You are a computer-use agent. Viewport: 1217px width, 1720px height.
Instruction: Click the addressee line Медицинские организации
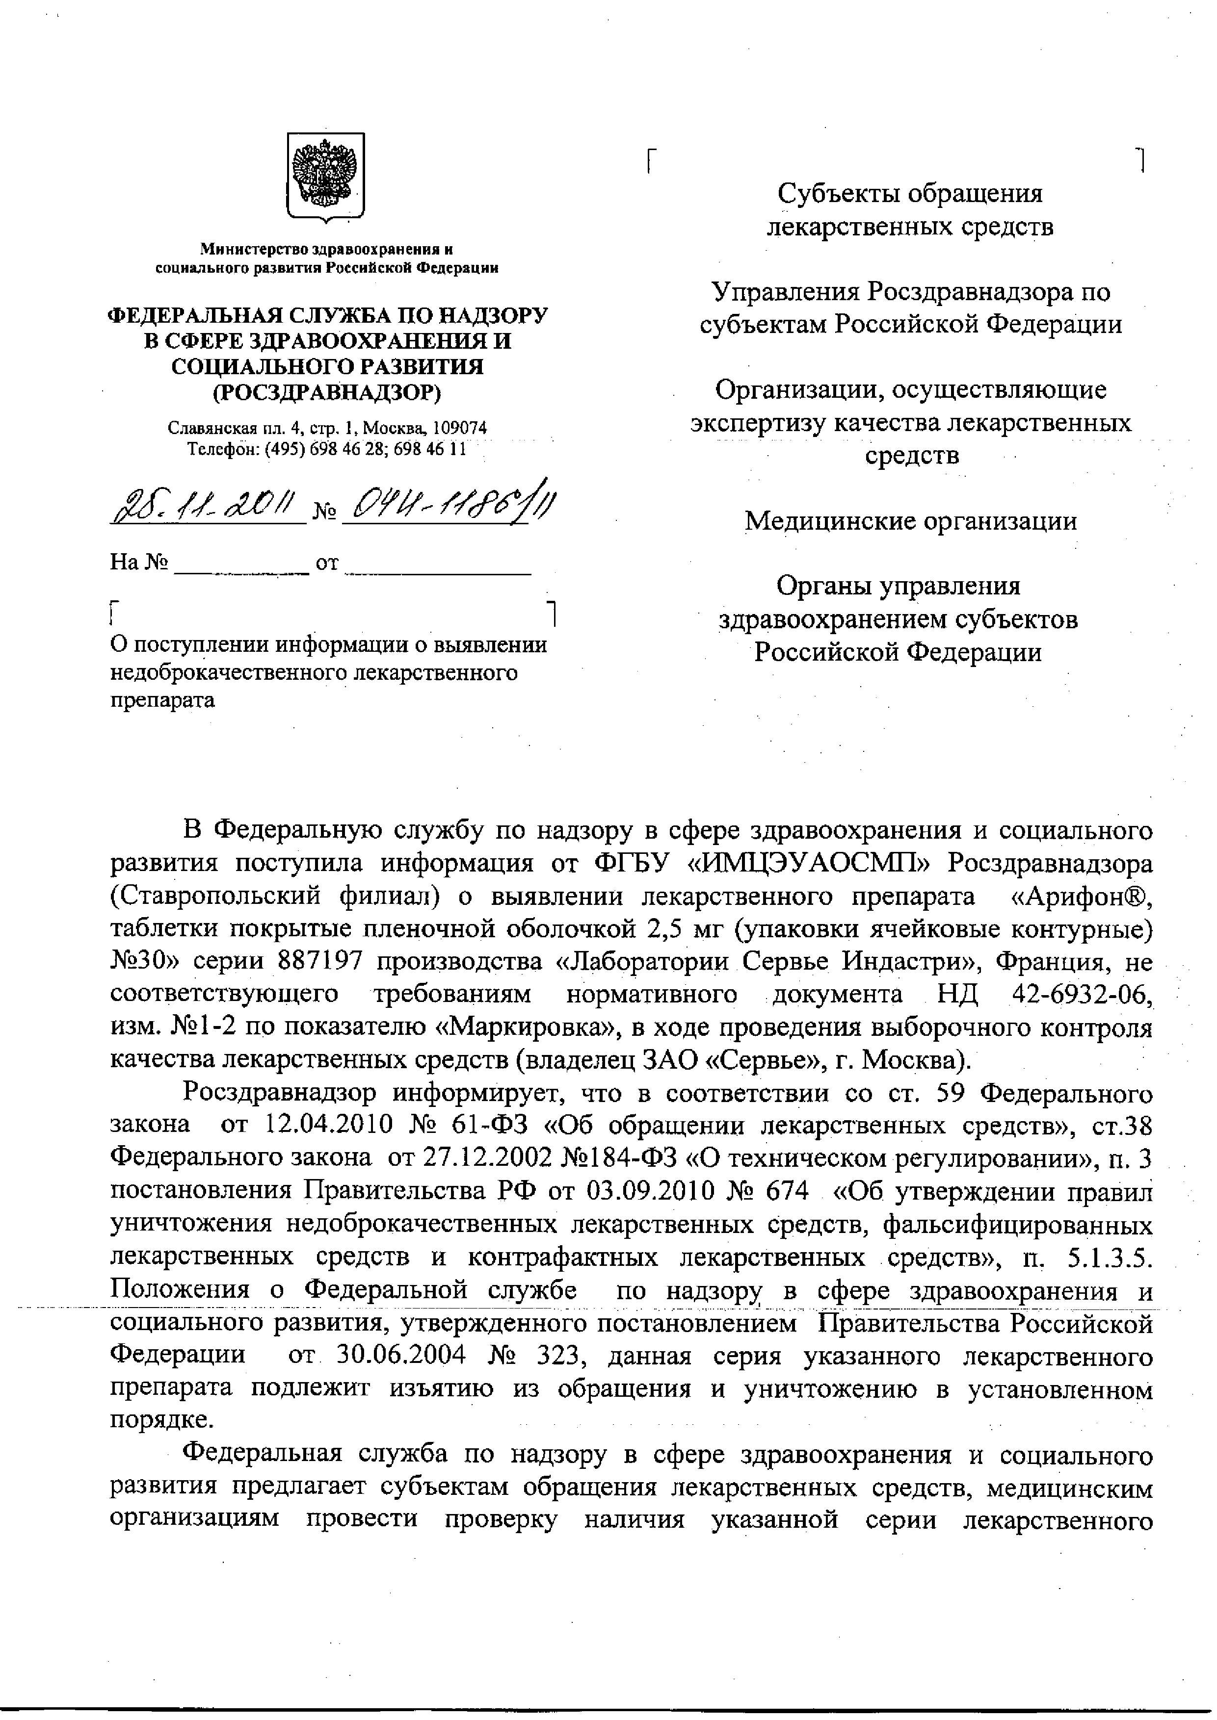[x=910, y=521]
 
